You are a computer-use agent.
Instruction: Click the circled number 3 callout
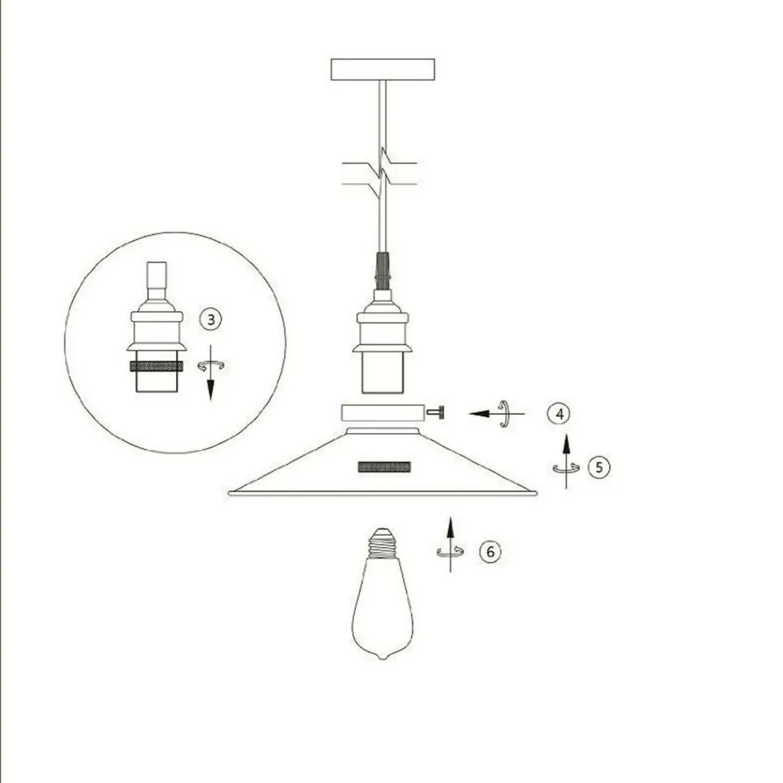pos(211,319)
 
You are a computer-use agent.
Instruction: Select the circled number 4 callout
pos(559,413)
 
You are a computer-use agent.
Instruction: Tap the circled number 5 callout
pos(599,467)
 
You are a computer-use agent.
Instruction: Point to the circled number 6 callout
pos(490,551)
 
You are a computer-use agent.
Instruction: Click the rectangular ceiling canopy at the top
pos(383,70)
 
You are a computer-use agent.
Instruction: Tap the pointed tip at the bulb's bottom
pos(383,657)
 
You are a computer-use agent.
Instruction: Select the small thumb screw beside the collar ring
pos(435,413)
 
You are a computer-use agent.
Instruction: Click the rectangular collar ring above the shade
pos(383,413)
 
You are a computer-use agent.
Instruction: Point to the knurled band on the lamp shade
pos(384,467)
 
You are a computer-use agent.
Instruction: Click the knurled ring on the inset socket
pos(157,366)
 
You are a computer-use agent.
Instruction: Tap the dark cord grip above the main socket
pos(382,271)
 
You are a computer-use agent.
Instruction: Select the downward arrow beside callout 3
pos(210,372)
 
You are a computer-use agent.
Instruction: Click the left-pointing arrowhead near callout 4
pos(478,413)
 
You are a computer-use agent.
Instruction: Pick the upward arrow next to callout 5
pos(566,461)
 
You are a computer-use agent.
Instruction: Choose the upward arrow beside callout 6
pos(450,544)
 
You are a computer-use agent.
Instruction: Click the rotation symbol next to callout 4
pos(504,413)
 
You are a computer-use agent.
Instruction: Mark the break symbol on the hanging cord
pos(381,173)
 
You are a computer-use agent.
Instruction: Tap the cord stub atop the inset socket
pos(157,280)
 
